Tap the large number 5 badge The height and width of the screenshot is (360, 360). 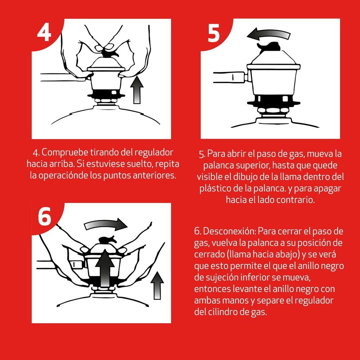(x=214, y=33)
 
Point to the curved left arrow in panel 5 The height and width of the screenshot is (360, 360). (x=268, y=35)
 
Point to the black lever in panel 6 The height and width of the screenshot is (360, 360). (x=106, y=240)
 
